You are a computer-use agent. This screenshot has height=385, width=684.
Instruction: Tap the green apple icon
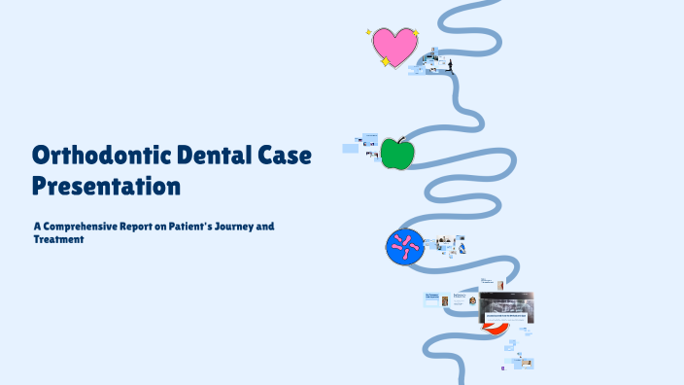[x=396, y=154]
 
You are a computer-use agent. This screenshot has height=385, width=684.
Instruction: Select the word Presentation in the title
[x=107, y=184]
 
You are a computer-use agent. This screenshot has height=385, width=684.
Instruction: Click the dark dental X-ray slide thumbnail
[x=508, y=309]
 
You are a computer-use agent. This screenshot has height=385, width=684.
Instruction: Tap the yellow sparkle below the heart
[x=386, y=62]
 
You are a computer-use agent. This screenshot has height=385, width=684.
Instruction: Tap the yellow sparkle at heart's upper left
[x=369, y=32]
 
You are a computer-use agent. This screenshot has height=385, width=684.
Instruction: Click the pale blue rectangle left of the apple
[x=352, y=149]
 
